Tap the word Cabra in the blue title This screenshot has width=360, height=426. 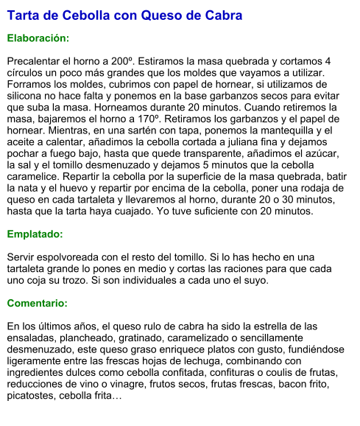click(222, 15)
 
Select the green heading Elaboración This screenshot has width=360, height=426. click(38, 38)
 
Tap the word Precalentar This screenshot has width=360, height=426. click(37, 60)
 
